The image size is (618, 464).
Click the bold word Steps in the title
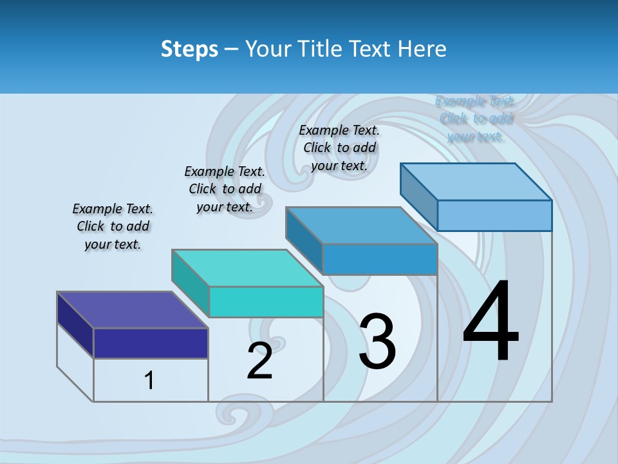(189, 49)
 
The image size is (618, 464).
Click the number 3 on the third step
(377, 342)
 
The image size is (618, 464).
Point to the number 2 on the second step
(260, 360)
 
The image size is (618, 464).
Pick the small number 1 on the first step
(149, 381)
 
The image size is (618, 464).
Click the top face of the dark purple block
(132, 310)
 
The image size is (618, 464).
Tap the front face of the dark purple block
(151, 343)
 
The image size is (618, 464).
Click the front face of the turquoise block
(266, 302)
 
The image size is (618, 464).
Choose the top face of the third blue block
(361, 226)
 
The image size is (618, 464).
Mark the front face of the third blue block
(380, 259)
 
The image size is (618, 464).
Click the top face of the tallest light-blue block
(476, 182)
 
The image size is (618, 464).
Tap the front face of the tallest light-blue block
(494, 215)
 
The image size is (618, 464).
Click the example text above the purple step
(113, 227)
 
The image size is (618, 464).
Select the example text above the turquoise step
(225, 189)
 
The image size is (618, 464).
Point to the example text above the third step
(339, 148)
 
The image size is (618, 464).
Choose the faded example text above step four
(476, 119)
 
